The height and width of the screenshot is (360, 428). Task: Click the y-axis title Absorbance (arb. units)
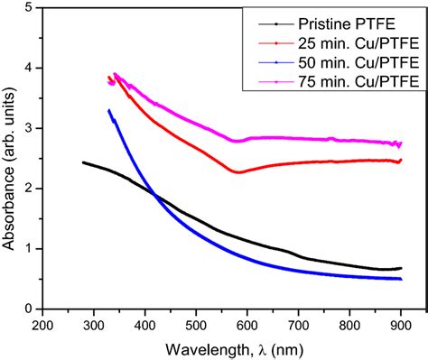(x=10, y=158)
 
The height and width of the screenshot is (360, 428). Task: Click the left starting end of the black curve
(x=83, y=162)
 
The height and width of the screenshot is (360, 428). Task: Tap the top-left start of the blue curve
(x=108, y=110)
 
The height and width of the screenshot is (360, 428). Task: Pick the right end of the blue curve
(x=401, y=279)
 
